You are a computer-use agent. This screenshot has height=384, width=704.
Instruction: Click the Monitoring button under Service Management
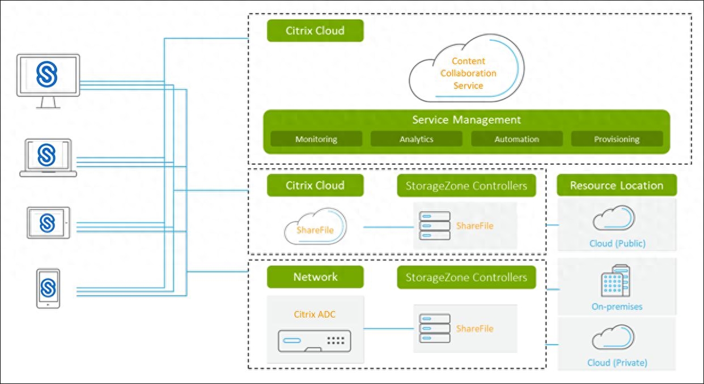316,139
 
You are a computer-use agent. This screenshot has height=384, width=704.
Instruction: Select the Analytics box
417,139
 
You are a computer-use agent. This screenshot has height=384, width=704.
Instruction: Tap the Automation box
516,139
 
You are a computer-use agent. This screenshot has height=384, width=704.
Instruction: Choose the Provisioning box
617,139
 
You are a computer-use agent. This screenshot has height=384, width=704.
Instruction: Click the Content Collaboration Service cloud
467,73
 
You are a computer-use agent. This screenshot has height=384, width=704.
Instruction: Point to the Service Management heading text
466,120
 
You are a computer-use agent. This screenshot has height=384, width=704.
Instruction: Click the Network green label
315,277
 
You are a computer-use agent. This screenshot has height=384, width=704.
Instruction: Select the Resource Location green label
616,185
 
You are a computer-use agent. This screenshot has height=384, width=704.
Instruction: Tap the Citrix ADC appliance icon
315,342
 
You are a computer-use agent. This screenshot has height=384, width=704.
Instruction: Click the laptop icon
48,157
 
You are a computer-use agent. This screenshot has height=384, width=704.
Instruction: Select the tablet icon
49,223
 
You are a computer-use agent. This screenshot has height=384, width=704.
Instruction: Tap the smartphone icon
48,288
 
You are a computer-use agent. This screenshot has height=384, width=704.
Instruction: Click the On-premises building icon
616,281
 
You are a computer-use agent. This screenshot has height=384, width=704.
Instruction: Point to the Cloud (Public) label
617,244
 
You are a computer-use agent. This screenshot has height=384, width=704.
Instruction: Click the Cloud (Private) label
617,362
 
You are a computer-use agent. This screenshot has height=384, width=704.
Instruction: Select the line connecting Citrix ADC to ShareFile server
388,328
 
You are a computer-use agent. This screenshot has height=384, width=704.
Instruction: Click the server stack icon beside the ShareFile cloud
434,225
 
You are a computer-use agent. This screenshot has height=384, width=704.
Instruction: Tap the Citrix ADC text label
315,314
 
